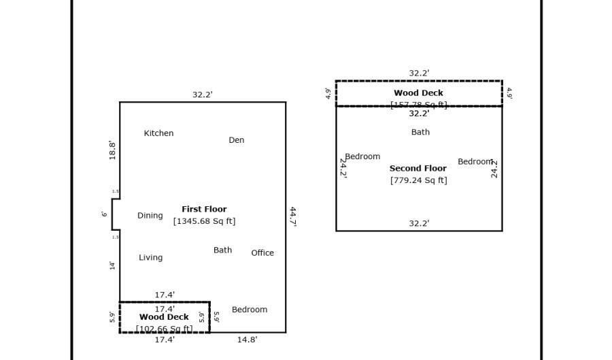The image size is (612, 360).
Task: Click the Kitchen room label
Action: tap(158, 133)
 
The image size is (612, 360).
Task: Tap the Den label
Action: tap(236, 140)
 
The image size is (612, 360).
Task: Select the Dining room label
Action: tap(150, 216)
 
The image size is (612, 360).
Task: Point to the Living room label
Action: tap(150, 258)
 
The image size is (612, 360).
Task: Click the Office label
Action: tap(262, 253)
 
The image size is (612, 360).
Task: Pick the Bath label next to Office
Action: tap(222, 250)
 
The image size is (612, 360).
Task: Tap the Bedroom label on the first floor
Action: tap(249, 310)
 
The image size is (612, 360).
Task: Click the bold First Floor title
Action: tap(204, 210)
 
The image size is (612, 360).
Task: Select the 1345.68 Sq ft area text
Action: tap(204, 221)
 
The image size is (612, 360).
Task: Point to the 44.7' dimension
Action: tap(293, 216)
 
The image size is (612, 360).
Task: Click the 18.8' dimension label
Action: tap(113, 150)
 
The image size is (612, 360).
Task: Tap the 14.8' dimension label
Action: tap(247, 340)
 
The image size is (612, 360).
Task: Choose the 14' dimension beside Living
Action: tap(112, 265)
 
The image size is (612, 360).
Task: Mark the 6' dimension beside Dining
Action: tap(104, 214)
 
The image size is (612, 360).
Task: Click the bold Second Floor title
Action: tap(418, 169)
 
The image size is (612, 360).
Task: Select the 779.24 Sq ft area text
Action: tap(418, 180)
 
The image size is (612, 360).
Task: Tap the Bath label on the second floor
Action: tap(420, 133)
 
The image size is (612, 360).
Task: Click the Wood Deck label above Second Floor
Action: tap(418, 93)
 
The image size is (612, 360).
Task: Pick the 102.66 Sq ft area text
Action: tap(164, 329)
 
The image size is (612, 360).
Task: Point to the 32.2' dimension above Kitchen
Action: tap(202, 95)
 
